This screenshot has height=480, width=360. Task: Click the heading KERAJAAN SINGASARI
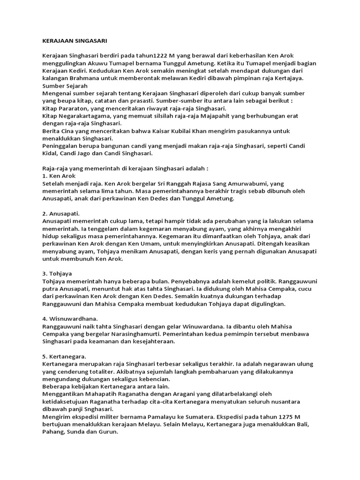click(71, 41)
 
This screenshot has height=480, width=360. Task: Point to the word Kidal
click(51, 153)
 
